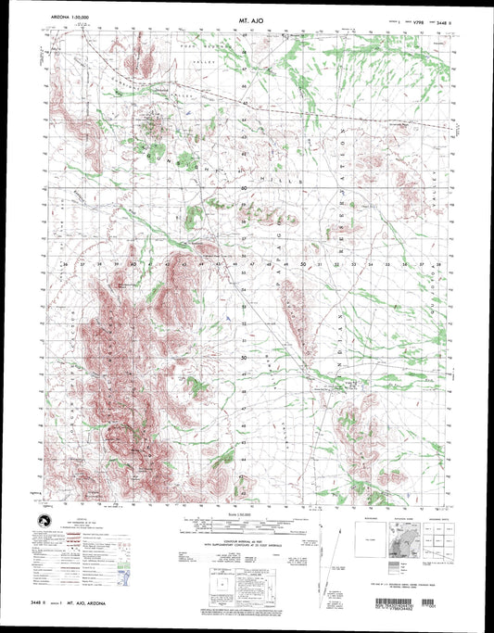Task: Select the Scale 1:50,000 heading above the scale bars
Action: [x=246, y=513]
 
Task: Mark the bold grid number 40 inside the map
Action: [x=133, y=264]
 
